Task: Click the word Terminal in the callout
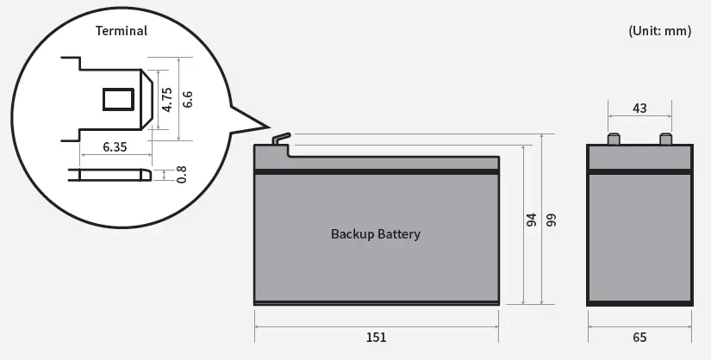point(121,31)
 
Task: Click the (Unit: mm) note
point(660,31)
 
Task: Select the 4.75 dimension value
point(168,98)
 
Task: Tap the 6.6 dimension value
point(187,98)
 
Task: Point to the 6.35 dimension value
point(115,147)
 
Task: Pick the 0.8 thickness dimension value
point(181,174)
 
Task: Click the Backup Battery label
point(376,234)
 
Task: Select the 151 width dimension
point(376,337)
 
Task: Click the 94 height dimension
point(531,220)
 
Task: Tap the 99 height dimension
point(551,220)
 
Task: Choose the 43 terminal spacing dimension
point(639,109)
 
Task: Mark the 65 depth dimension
point(639,337)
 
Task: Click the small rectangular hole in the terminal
point(119,98)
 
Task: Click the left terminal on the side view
point(614,140)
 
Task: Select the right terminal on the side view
point(665,140)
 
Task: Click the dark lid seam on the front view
point(376,172)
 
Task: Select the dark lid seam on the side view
point(639,172)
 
